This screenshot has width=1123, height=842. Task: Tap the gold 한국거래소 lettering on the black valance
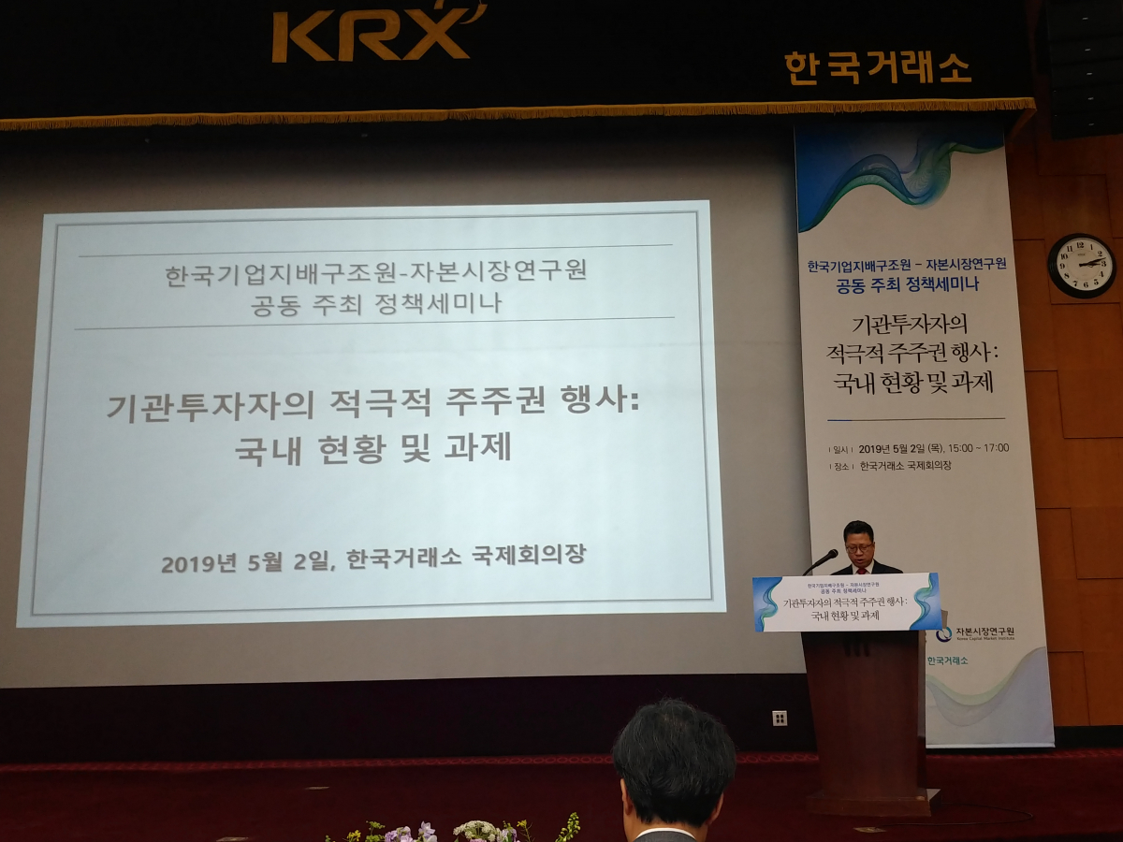coord(878,68)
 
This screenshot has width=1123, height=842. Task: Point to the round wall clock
coord(1081,266)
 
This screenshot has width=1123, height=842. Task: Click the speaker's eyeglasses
coord(858,544)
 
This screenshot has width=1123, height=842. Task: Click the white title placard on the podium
coord(847,602)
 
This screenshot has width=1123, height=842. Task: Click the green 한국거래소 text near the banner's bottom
coord(947,661)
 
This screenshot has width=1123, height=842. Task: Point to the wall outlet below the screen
coord(780,718)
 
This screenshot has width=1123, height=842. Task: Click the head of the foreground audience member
coord(674,762)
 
